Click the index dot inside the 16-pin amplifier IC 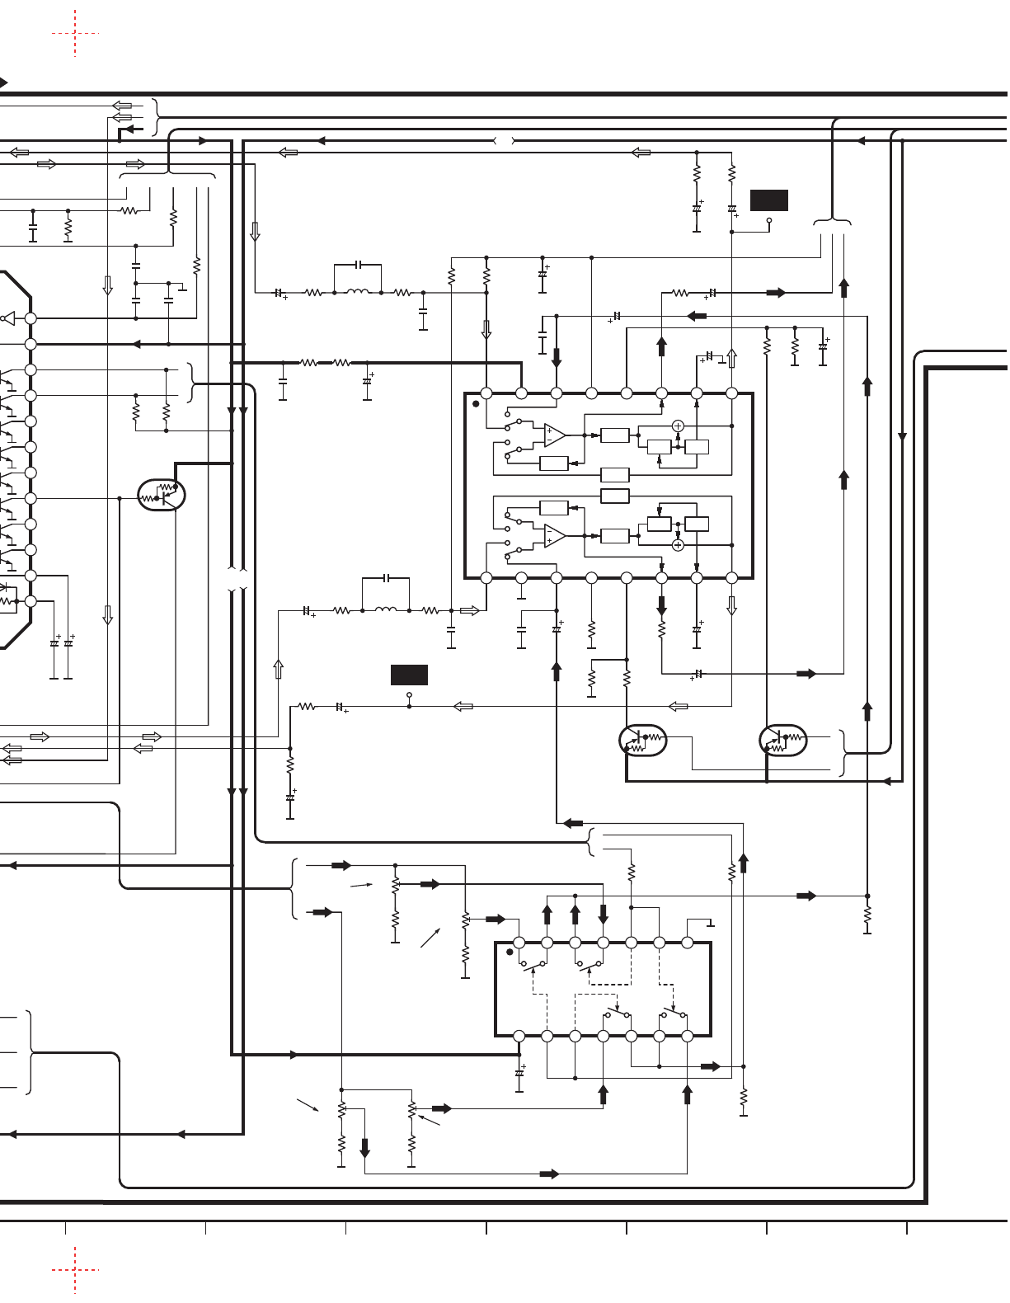click(476, 404)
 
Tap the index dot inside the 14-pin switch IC click(510, 952)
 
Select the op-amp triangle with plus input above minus click(555, 435)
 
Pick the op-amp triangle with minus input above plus click(555, 536)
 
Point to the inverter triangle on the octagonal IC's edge click(9, 318)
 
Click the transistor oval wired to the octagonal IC click(162, 495)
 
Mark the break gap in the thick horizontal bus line click(504, 141)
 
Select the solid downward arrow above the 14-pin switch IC click(604, 914)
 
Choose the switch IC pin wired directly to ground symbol click(688, 943)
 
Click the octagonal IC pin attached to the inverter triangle click(31, 318)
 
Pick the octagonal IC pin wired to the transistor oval click(31, 498)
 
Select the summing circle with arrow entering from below click(678, 426)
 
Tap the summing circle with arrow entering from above click(678, 545)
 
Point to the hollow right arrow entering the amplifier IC click(469, 611)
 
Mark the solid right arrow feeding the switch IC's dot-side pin click(496, 919)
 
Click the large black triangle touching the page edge click(3, 82)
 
